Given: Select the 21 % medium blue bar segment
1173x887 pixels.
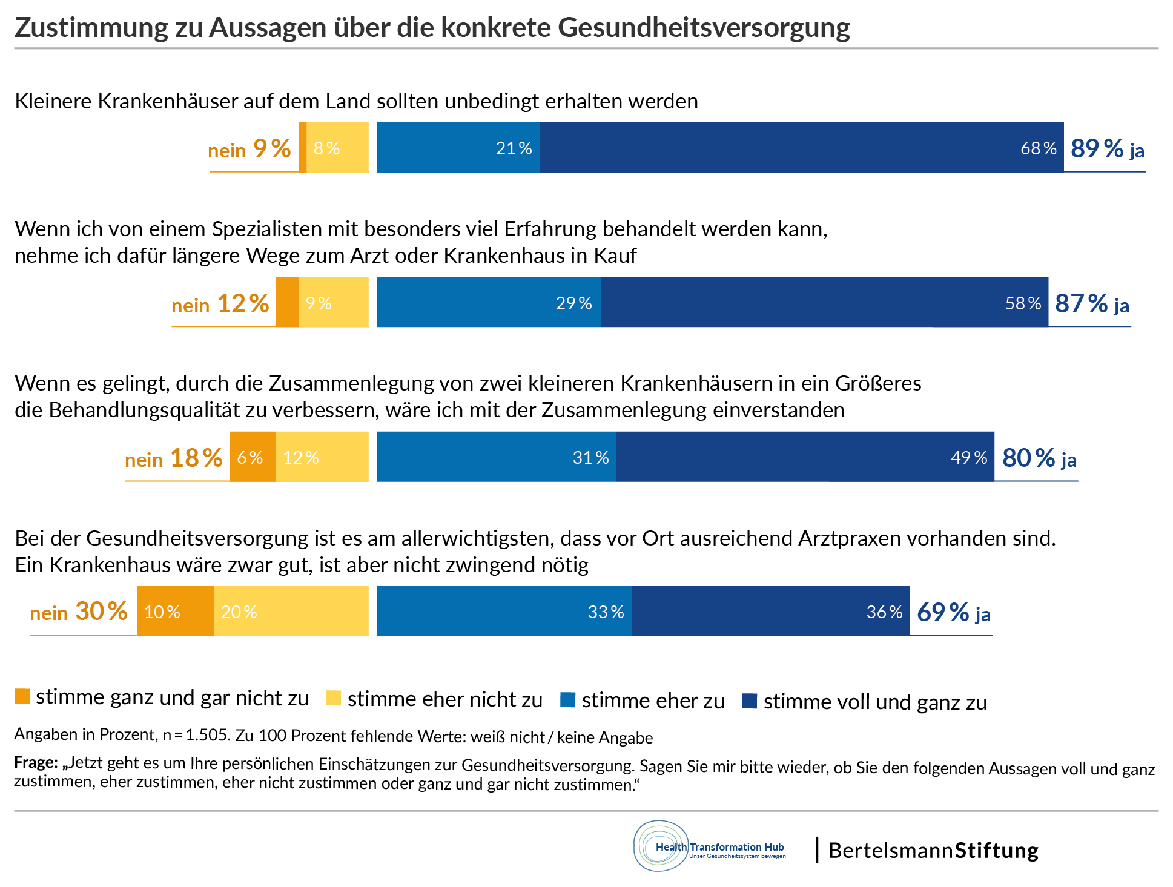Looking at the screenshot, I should [x=458, y=148].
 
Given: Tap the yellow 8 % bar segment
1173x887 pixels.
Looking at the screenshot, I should [x=337, y=148].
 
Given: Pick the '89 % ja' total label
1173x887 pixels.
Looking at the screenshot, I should [x=1107, y=149].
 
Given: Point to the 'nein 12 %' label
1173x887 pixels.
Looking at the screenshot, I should [x=220, y=304].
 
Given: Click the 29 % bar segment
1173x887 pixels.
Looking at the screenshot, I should [x=489, y=302].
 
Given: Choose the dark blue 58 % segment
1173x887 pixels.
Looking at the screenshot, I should [x=824, y=302].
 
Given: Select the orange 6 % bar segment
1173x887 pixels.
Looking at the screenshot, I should [x=252, y=457].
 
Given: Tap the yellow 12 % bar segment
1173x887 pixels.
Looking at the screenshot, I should [x=322, y=457].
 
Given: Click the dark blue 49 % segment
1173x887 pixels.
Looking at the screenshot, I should [x=805, y=457].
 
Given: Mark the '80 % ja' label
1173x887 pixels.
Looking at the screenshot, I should [x=1039, y=458].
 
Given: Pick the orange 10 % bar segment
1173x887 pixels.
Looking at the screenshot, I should [x=175, y=612].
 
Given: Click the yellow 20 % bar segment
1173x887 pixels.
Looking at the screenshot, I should [x=291, y=612].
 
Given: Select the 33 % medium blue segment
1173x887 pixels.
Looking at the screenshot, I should [x=504, y=612].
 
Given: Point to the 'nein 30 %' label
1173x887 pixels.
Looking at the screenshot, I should [x=79, y=612].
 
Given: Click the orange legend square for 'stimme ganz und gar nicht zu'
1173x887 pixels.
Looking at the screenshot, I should [x=22, y=697].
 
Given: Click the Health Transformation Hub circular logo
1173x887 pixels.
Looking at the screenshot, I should [x=661, y=846].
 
